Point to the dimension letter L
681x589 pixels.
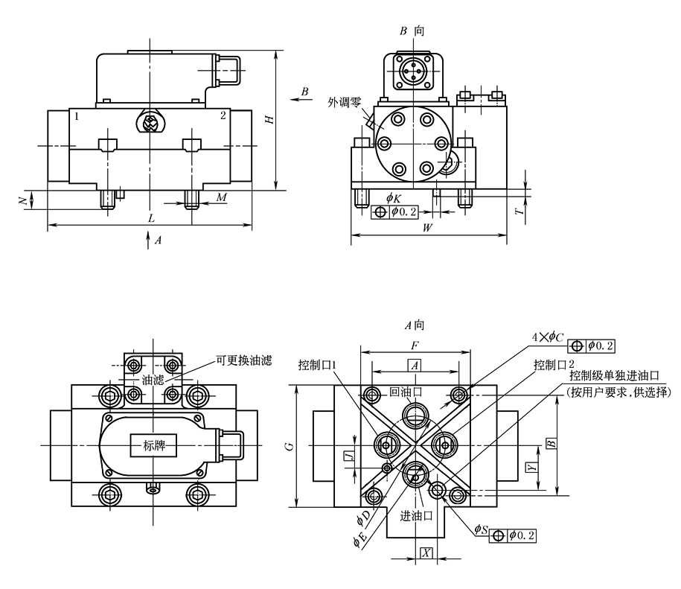pos(151,218)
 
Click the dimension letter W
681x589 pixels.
pos(428,228)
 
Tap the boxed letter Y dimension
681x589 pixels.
pos(530,467)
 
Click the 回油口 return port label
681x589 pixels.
pos(406,391)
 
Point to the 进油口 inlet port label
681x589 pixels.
pos(418,516)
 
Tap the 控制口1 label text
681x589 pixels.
pos(317,366)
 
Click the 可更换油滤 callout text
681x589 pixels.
pos(244,361)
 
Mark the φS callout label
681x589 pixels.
pos(481,529)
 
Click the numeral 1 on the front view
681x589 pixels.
pos(75,116)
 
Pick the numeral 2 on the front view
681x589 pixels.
pos(223,116)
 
